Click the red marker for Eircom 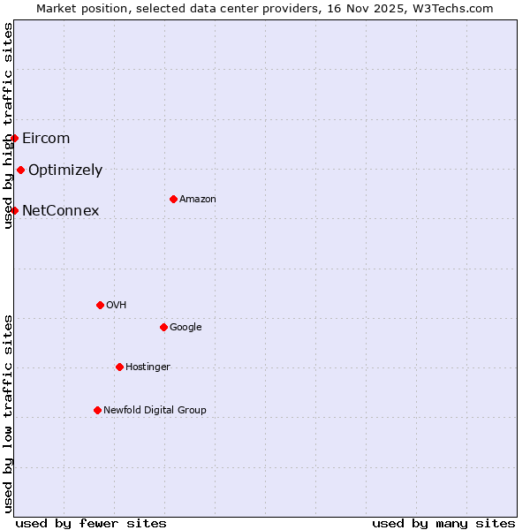tap(15, 138)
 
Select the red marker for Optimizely tap(20, 170)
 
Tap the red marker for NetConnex tap(15, 210)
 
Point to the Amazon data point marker tap(173, 199)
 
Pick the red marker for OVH tap(100, 305)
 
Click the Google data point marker tap(163, 327)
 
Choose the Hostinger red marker tap(119, 367)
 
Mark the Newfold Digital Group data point tap(97, 410)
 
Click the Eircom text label tap(46, 138)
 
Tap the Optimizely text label tap(65, 170)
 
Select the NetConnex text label tap(60, 210)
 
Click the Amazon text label tap(198, 200)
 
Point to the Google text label tap(185, 328)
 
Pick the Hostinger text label tap(148, 367)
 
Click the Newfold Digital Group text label tap(155, 410)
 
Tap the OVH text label tap(116, 306)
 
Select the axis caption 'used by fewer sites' tap(91, 523)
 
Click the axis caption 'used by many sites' tap(443, 523)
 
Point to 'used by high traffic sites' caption tap(8, 125)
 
